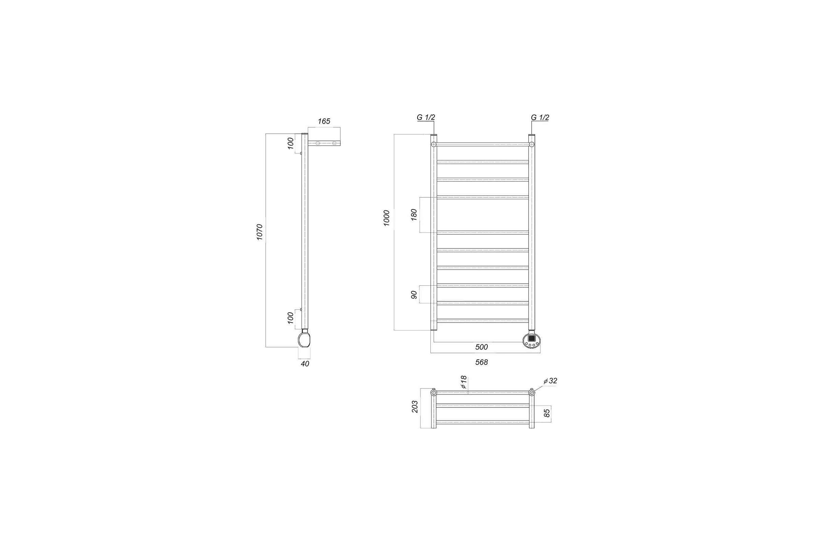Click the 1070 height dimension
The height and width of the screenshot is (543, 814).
pyautogui.click(x=259, y=232)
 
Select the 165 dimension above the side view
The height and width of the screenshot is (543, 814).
pyautogui.click(x=324, y=121)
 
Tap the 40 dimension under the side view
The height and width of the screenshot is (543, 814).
pyautogui.click(x=305, y=364)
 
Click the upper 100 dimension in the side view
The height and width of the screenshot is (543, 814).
pyautogui.click(x=290, y=143)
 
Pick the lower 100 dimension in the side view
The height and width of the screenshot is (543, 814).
pyautogui.click(x=290, y=318)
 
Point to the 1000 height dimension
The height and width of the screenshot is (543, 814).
pyautogui.click(x=387, y=218)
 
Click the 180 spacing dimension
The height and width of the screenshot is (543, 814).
pyautogui.click(x=414, y=215)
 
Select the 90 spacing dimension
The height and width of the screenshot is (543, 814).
pyautogui.click(x=414, y=295)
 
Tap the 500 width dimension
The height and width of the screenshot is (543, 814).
pyautogui.click(x=481, y=347)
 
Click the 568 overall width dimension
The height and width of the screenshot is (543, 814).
pyautogui.click(x=481, y=362)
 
